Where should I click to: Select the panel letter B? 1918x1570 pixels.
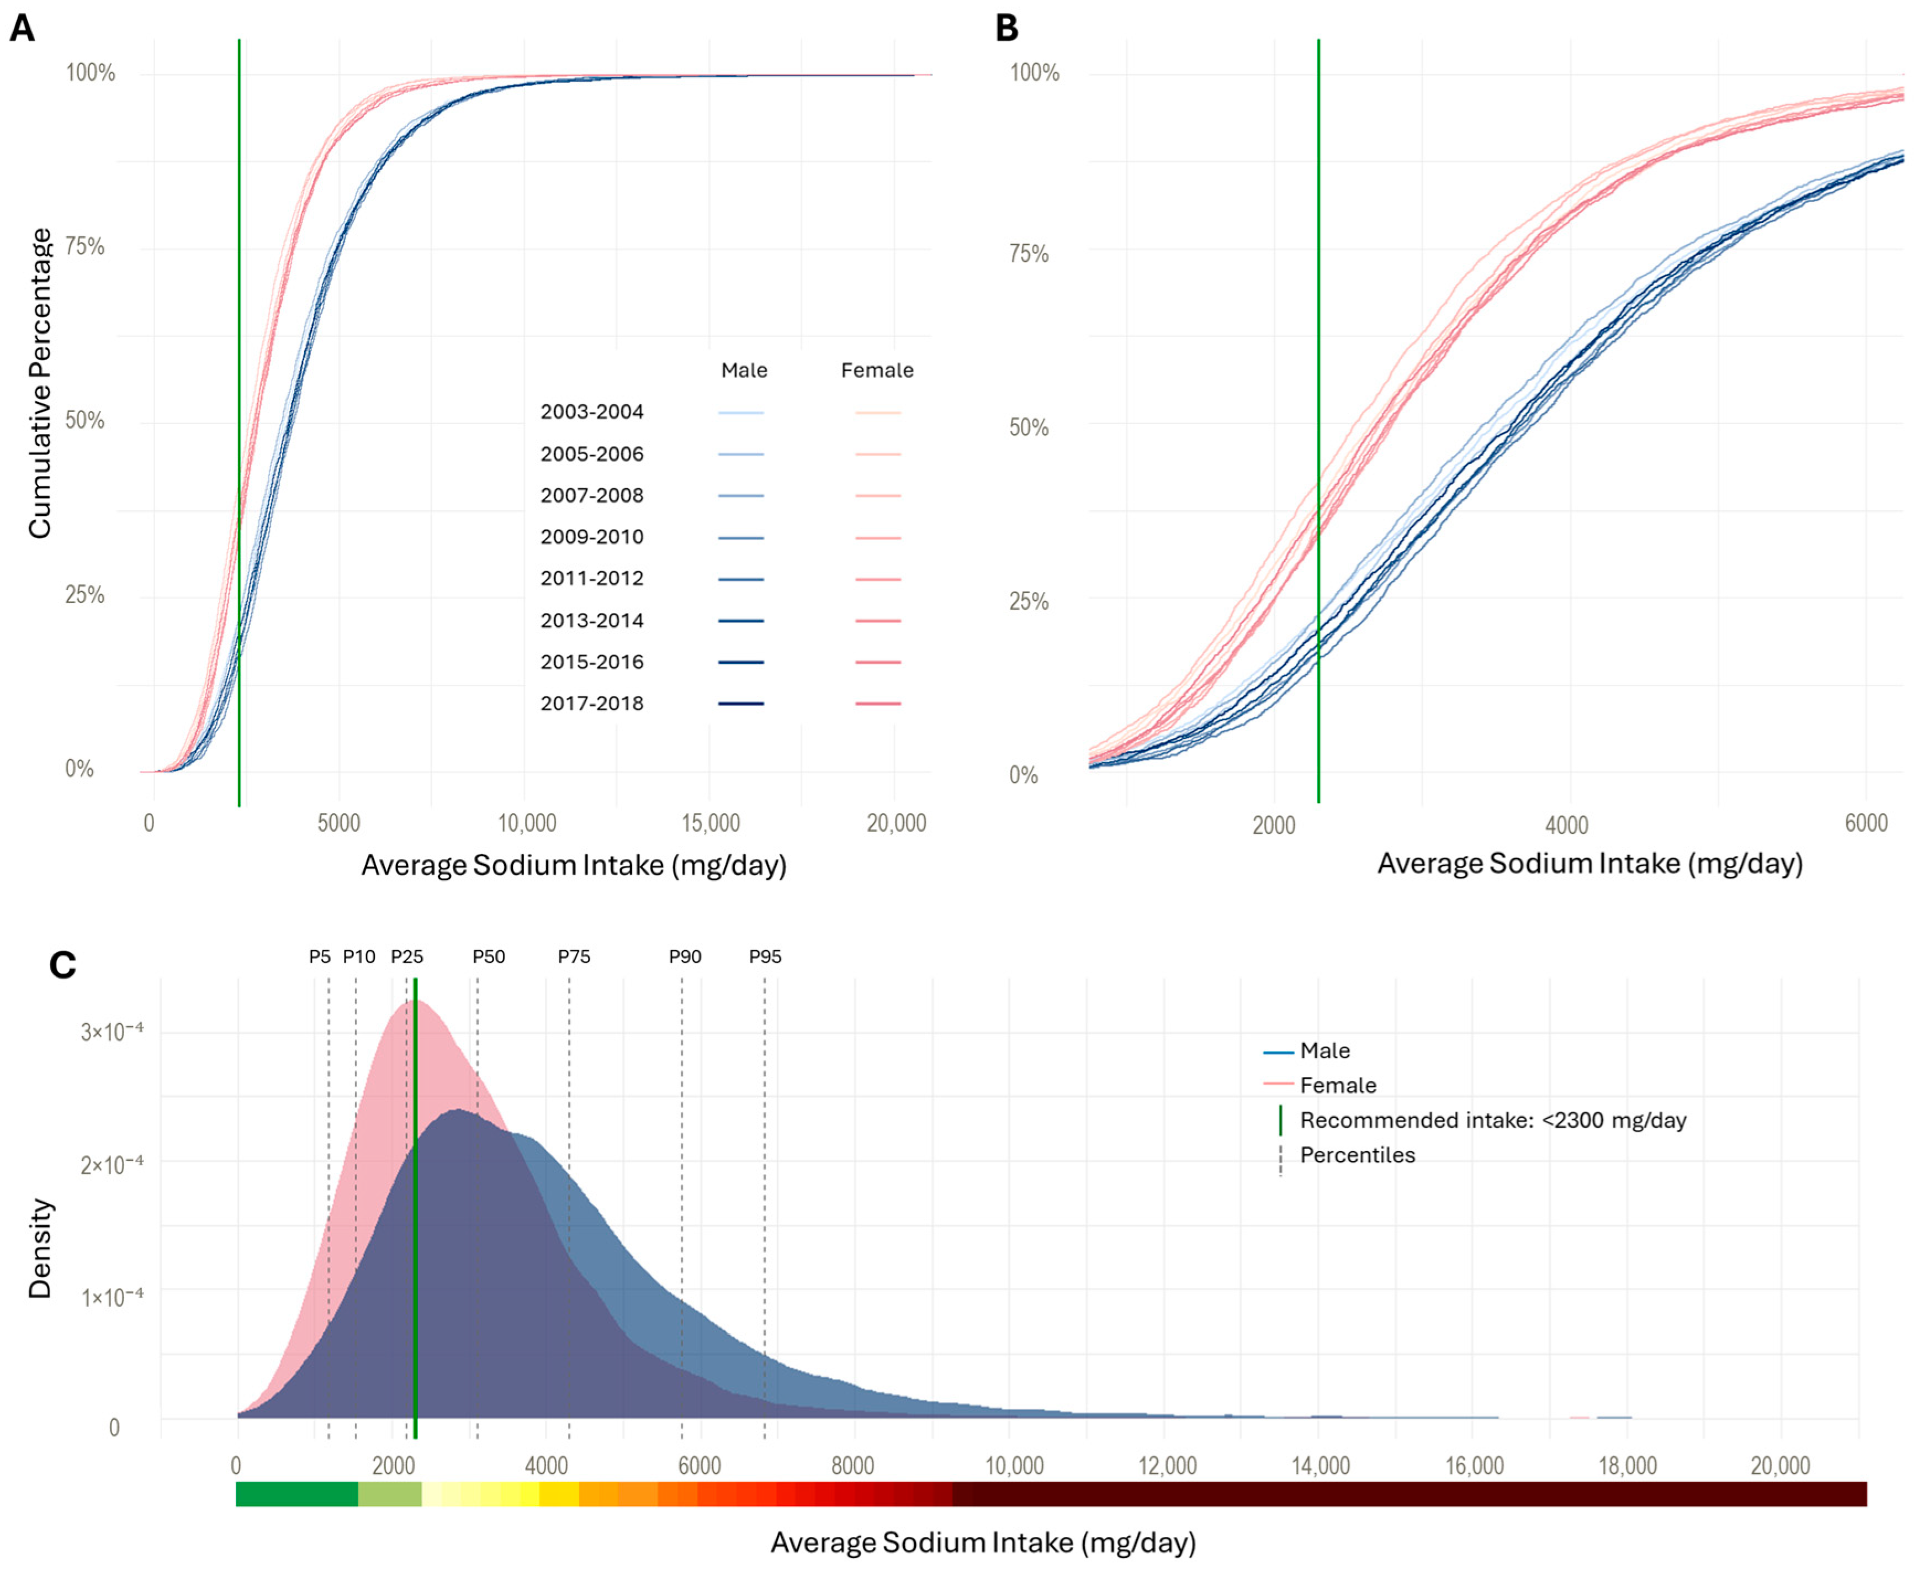tap(1006, 28)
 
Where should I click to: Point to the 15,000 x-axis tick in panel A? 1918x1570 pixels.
tap(711, 823)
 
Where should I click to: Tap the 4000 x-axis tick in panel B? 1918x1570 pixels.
tap(1566, 825)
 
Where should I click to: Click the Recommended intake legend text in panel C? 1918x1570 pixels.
tap(1492, 1120)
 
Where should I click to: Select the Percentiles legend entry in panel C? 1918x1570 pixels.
tap(1357, 1155)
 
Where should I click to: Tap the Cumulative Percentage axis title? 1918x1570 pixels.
tap(40, 383)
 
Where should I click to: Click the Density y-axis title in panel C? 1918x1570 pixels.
tap(40, 1248)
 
